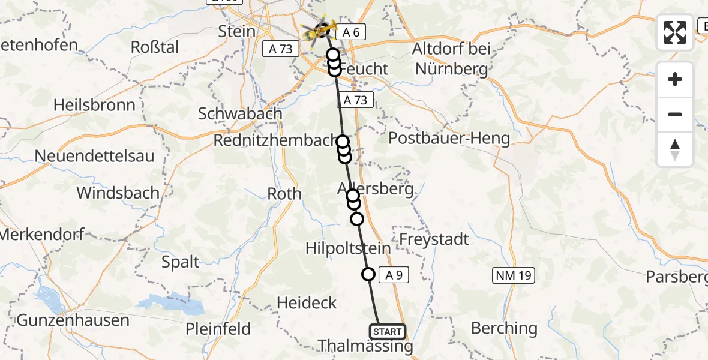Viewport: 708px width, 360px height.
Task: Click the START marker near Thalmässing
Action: pyautogui.click(x=387, y=331)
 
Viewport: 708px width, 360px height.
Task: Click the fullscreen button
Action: pyautogui.click(x=675, y=32)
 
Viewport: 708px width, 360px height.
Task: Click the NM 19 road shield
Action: pyautogui.click(x=513, y=275)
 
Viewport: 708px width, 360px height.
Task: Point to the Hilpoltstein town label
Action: pyautogui.click(x=348, y=248)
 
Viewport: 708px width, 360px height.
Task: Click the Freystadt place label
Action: pyautogui.click(x=434, y=239)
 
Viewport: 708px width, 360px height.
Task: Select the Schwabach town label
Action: pyautogui.click(x=240, y=113)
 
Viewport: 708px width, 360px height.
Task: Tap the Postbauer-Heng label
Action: pyautogui.click(x=449, y=139)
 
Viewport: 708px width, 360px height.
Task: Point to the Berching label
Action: pyautogui.click(x=504, y=328)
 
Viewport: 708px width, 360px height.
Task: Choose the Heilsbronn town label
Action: pyautogui.click(x=94, y=104)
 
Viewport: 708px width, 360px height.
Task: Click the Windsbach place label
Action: pyautogui.click(x=118, y=193)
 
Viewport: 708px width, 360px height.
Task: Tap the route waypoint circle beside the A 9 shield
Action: pyautogui.click(x=368, y=274)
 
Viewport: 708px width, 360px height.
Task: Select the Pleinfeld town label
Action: pyautogui.click(x=218, y=329)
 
